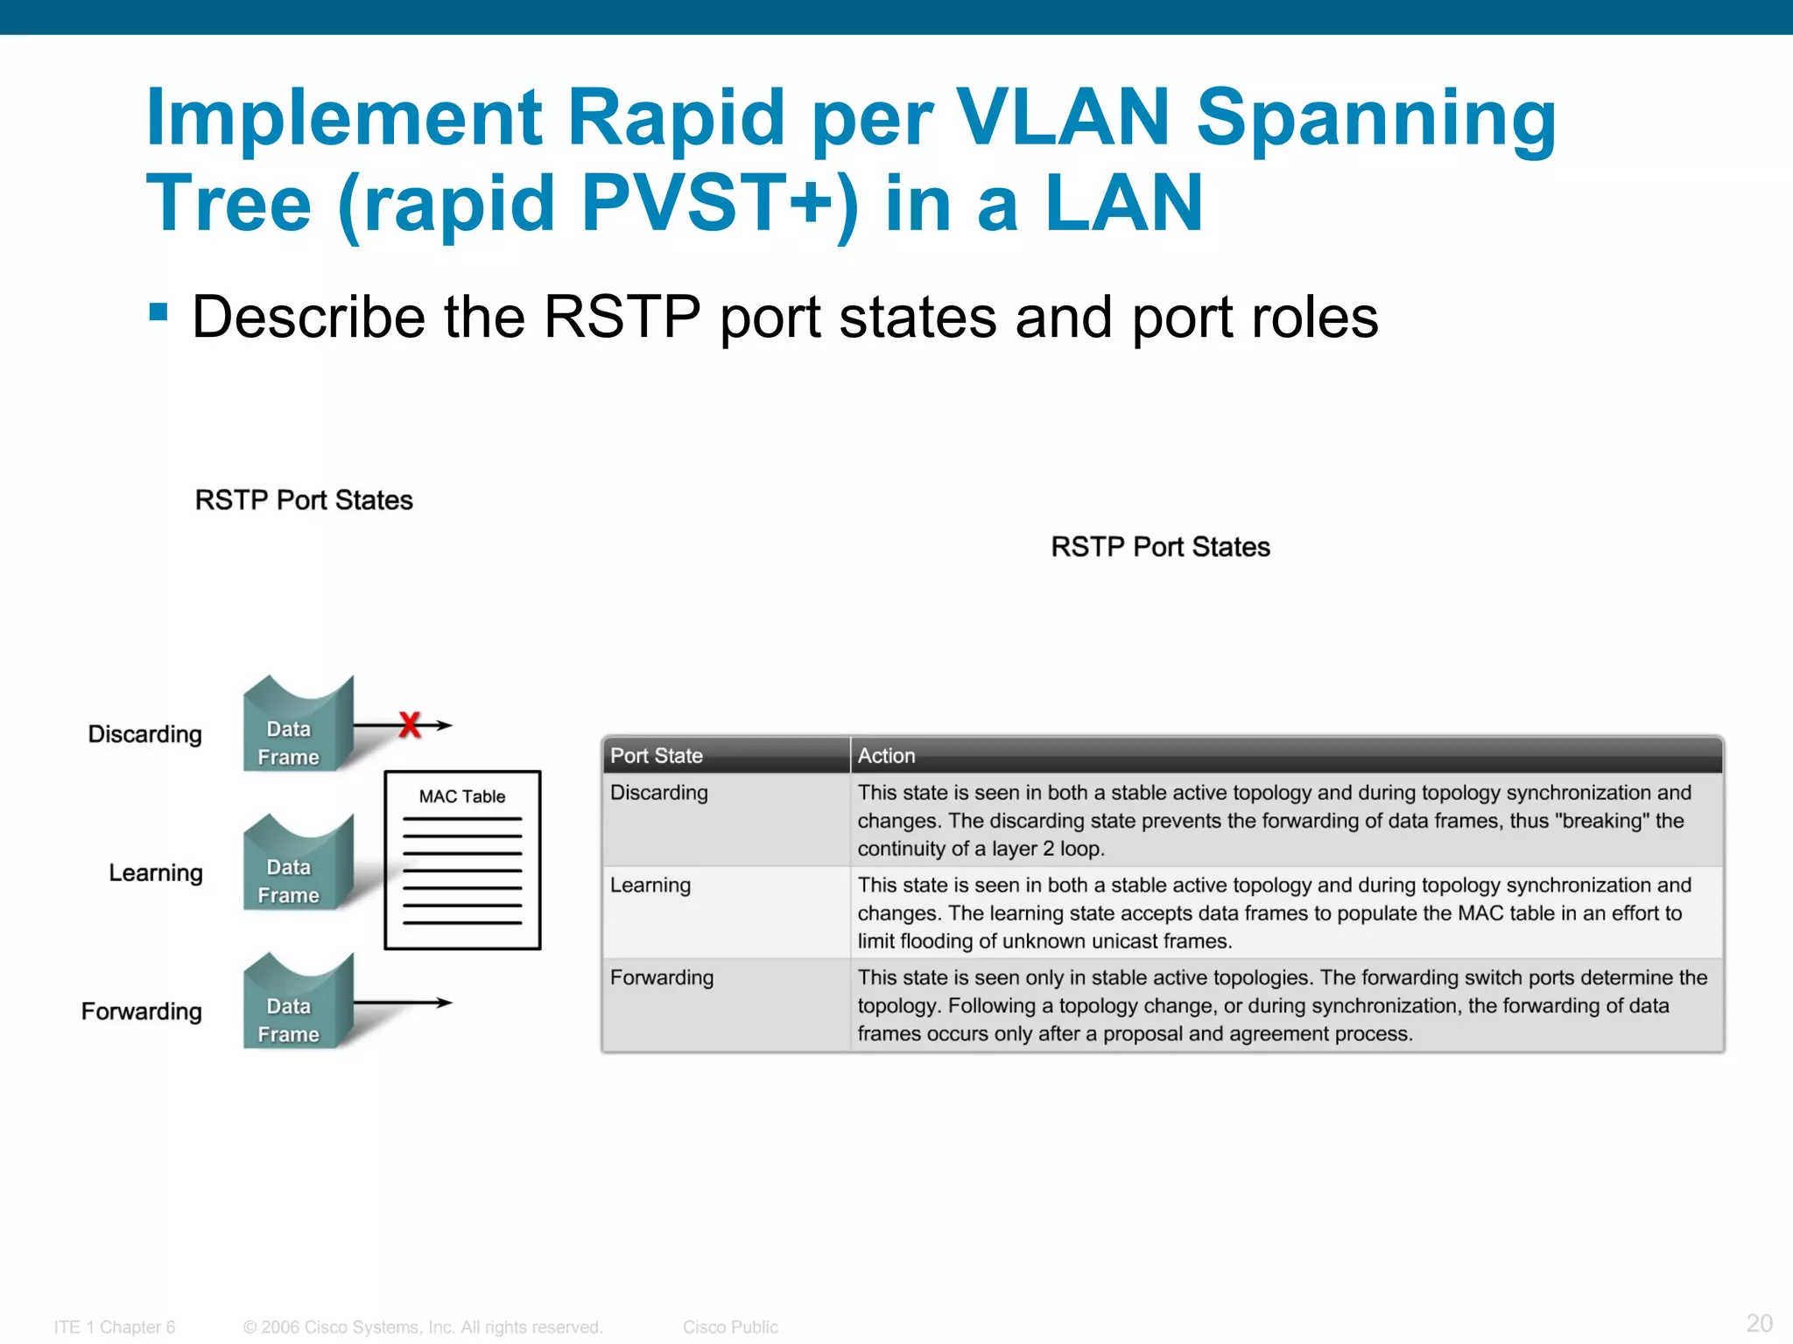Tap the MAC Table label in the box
tap(461, 796)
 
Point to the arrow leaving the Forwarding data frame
tap(404, 1003)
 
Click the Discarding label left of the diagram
tap(144, 734)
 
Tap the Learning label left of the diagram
tap(155, 873)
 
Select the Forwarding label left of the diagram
tap(141, 1011)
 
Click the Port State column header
tap(657, 756)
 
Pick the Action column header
tap(886, 756)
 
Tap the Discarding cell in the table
tap(658, 793)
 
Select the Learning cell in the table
tap(650, 885)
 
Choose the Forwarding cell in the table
tap(661, 978)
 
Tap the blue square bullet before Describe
tap(158, 312)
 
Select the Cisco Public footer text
tap(730, 1327)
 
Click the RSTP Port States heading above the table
tap(1160, 547)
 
